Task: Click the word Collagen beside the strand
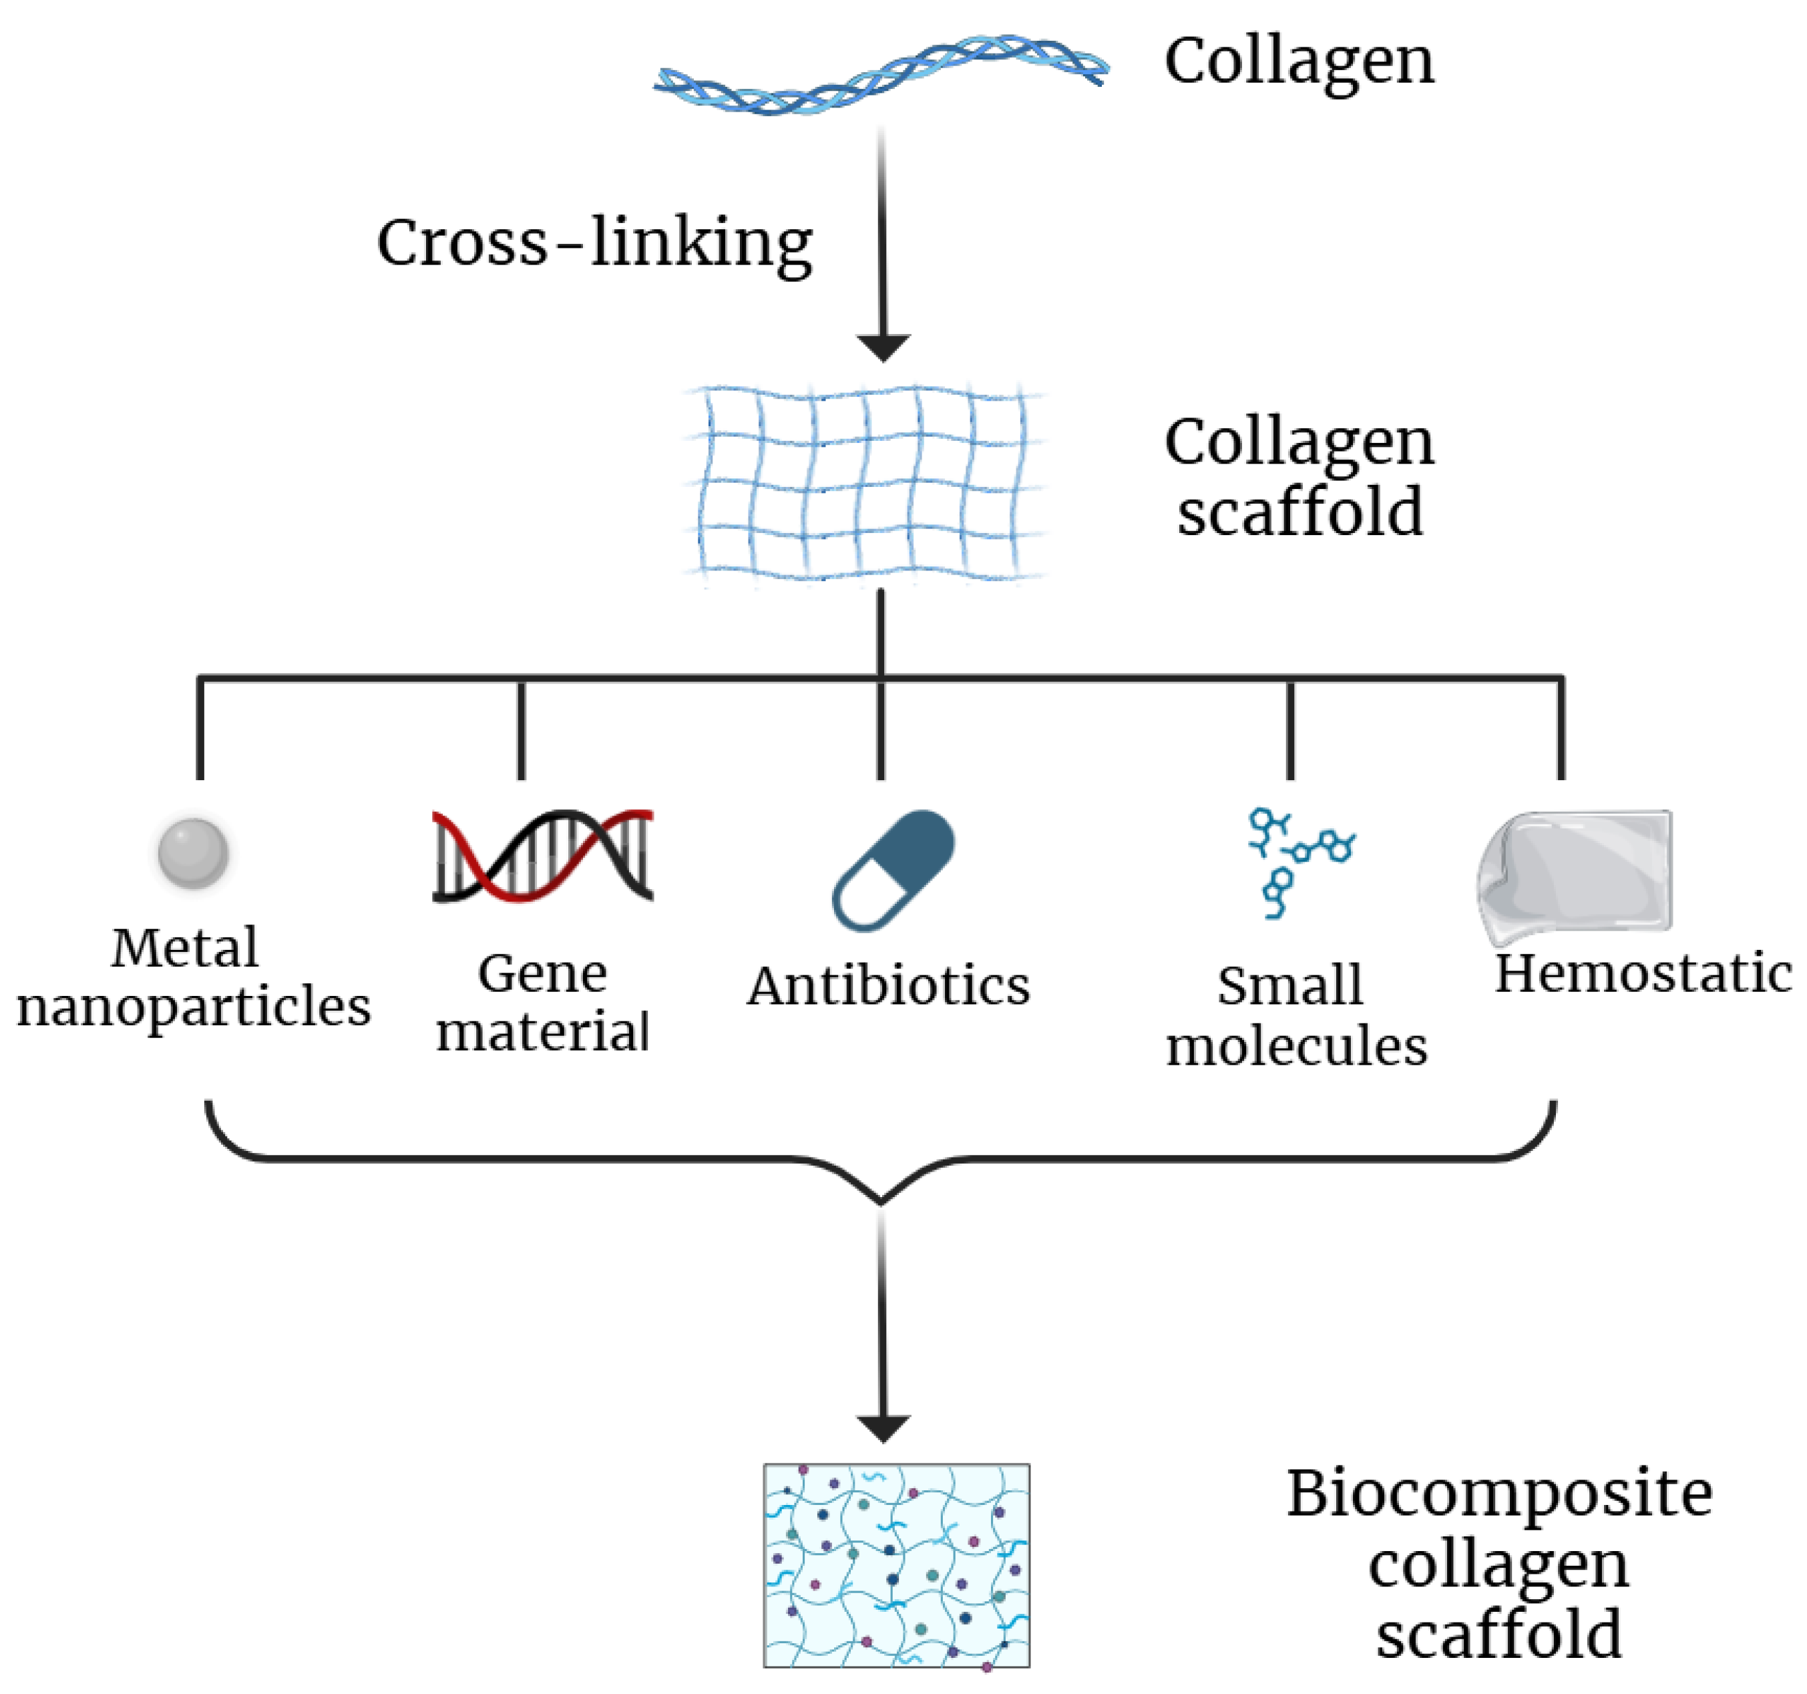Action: coord(1298,62)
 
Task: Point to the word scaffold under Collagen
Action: coord(1299,512)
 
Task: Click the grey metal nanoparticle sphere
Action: coord(193,852)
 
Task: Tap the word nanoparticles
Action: coord(194,1007)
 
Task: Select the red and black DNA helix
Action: coord(543,856)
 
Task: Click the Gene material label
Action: coord(543,1002)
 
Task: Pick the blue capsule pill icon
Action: coord(893,870)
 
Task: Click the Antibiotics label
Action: coord(888,987)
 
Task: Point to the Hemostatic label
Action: coord(1643,974)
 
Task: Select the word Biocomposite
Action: coord(1499,1494)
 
